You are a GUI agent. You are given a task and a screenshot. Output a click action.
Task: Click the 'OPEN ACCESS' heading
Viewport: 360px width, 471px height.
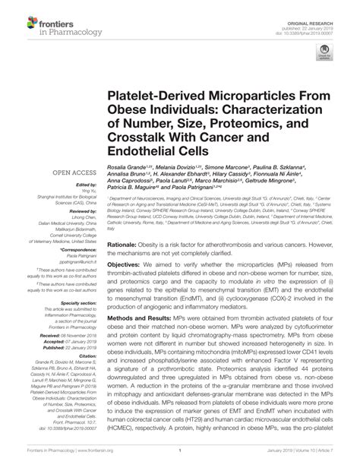[56, 172]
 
